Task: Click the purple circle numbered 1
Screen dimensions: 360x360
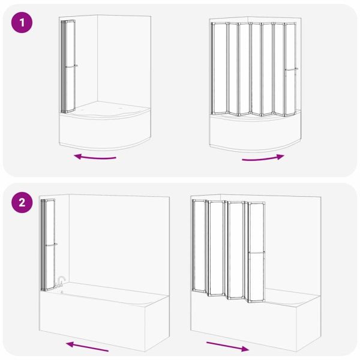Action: click(22, 23)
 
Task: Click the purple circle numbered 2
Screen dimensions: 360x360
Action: click(22, 203)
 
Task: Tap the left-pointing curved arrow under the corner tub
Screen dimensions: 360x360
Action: click(95, 157)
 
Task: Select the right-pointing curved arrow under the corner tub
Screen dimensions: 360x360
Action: click(263, 158)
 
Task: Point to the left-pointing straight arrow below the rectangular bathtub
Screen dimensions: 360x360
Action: click(87, 346)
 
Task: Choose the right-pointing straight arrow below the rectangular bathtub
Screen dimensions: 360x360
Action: click(228, 347)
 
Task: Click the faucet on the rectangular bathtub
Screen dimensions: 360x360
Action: click(61, 282)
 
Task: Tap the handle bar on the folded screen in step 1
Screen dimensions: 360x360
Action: click(71, 67)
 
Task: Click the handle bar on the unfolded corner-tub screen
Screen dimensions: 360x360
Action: click(292, 70)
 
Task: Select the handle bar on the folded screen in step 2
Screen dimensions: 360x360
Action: click(52, 245)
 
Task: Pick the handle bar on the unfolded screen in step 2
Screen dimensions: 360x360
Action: click(257, 253)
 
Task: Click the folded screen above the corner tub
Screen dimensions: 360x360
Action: click(68, 67)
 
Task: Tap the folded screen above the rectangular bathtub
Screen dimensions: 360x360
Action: click(48, 245)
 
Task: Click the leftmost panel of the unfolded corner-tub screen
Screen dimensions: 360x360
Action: click(219, 68)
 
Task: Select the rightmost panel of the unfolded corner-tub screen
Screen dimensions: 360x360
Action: click(290, 70)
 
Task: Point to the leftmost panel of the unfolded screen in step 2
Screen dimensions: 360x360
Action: click(199, 246)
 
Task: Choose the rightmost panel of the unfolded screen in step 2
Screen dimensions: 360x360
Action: click(257, 252)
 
